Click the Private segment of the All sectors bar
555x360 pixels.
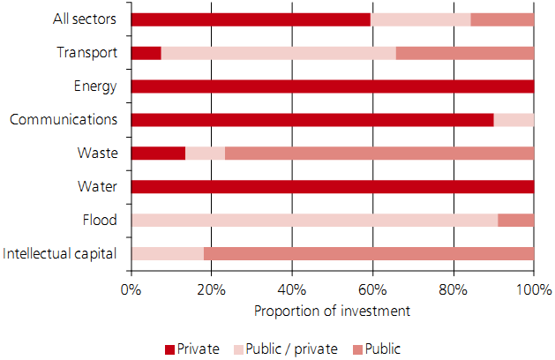[x=251, y=19]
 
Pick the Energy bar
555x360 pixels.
[x=332, y=86]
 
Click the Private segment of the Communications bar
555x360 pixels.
[x=312, y=120]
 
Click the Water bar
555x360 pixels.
[x=332, y=187]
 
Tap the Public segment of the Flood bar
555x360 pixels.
[x=516, y=221]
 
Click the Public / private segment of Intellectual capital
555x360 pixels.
[x=167, y=254]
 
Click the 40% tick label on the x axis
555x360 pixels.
[x=292, y=289]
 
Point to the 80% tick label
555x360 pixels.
[x=453, y=289]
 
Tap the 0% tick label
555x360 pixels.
[x=131, y=289]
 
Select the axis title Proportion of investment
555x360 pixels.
[x=332, y=311]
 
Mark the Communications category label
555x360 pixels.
[x=64, y=120]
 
